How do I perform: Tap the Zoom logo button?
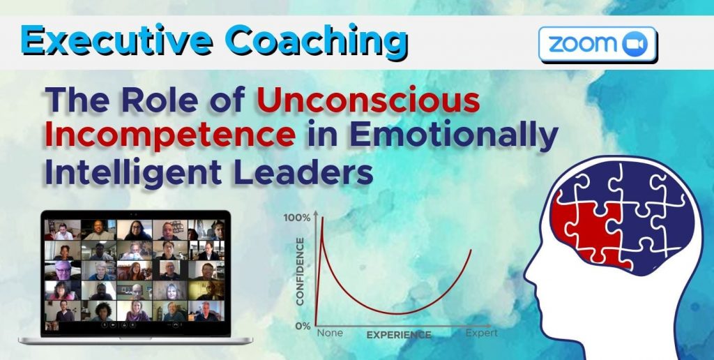(598, 44)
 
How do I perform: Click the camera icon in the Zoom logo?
(635, 45)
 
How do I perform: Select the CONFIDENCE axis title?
(301, 271)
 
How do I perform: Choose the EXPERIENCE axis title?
(399, 335)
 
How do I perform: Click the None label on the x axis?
(330, 333)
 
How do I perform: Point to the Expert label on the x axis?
(482, 333)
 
